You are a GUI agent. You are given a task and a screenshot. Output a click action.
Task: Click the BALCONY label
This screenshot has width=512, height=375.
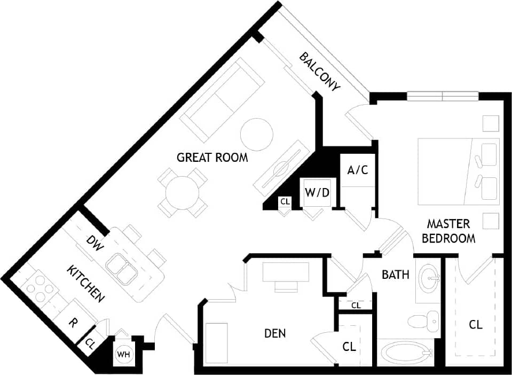click(x=319, y=72)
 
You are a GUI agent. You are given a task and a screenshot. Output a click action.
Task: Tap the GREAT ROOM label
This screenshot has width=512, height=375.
click(x=212, y=158)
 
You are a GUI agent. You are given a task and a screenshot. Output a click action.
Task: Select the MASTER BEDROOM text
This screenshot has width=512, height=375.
click(x=448, y=231)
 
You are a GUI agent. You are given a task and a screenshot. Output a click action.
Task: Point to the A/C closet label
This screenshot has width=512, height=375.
click(x=357, y=170)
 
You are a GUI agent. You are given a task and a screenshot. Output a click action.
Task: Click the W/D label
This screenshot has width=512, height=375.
click(x=317, y=192)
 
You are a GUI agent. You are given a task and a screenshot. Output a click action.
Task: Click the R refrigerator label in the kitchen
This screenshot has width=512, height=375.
click(x=72, y=323)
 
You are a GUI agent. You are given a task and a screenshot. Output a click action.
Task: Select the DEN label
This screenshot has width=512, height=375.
click(x=275, y=334)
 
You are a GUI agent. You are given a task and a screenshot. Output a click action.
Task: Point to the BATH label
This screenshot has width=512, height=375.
click(x=396, y=275)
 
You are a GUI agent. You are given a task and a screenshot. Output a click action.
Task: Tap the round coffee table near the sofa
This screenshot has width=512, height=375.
click(x=257, y=134)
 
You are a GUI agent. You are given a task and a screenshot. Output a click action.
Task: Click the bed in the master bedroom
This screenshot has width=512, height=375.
click(x=458, y=171)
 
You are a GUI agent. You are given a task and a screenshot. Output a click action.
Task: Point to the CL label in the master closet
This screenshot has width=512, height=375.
click(x=475, y=324)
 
